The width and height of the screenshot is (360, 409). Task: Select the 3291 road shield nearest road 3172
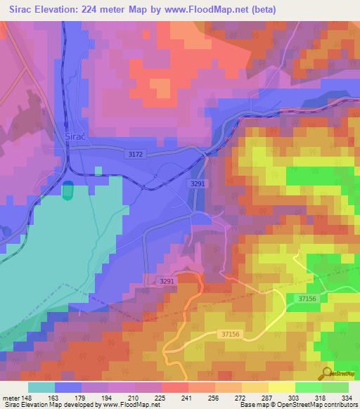pyautogui.click(x=197, y=183)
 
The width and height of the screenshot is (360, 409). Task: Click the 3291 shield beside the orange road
pyautogui.click(x=166, y=281)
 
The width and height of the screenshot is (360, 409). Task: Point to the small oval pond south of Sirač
pyautogui.click(x=67, y=190)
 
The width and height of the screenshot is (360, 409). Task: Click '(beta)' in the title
pyautogui.click(x=262, y=10)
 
